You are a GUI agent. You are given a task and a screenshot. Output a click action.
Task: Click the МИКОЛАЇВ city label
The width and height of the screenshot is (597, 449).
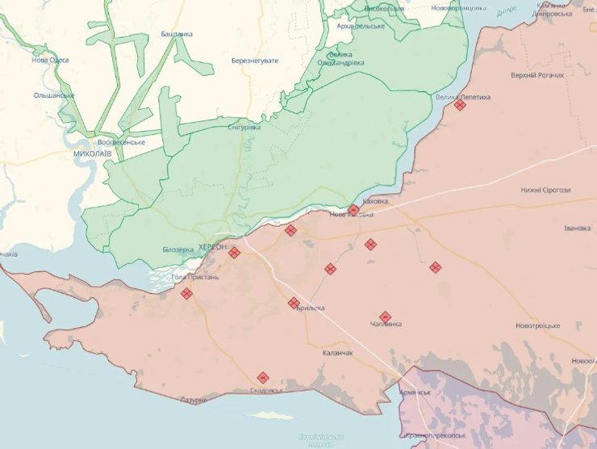tap(92, 153)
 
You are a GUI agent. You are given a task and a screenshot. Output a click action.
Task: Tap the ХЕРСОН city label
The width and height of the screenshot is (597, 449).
tap(212, 246)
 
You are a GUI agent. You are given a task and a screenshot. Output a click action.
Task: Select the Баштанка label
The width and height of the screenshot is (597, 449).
tap(177, 34)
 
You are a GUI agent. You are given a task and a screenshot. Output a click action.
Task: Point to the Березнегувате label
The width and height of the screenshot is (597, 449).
tap(254, 61)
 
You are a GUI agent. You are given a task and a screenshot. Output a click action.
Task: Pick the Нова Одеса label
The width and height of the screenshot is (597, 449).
tap(50, 60)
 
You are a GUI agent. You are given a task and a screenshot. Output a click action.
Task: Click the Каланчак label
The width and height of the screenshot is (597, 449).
tap(337, 353)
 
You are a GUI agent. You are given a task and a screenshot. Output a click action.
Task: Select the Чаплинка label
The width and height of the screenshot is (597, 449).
tap(386, 325)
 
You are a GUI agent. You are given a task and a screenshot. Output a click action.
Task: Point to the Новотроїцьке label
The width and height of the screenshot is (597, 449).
tap(537, 325)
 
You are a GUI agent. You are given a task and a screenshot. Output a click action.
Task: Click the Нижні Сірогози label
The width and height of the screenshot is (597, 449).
tap(545, 190)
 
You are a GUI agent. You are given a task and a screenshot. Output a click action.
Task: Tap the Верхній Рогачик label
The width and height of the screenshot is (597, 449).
tap(537, 75)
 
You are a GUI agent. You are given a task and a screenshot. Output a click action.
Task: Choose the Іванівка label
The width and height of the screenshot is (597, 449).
tap(577, 228)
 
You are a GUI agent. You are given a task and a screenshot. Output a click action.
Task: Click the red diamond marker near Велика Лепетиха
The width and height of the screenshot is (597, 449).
tap(460, 105)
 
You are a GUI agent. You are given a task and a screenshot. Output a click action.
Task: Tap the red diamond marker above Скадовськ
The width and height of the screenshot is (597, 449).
tap(263, 377)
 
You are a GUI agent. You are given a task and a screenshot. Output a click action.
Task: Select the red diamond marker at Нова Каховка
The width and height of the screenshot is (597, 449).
tap(353, 210)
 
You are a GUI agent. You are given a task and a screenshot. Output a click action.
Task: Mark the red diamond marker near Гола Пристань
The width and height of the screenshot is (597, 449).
tap(186, 294)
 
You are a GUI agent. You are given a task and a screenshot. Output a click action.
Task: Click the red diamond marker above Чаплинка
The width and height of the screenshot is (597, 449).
tap(385, 317)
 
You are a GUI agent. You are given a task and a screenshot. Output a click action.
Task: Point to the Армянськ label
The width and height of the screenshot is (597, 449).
tap(415, 392)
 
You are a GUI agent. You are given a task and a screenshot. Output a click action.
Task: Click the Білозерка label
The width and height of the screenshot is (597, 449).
tap(178, 250)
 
